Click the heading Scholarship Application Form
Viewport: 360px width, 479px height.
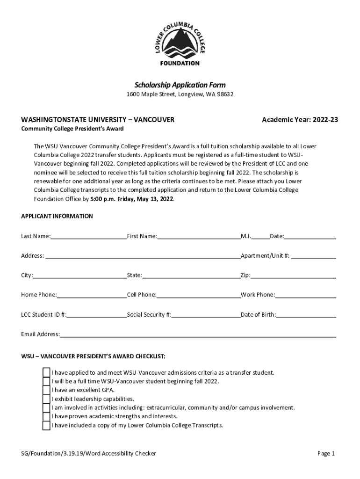180,85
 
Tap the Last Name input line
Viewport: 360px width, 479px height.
88,236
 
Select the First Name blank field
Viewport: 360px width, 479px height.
199,236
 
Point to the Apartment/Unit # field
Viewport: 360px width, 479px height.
313,256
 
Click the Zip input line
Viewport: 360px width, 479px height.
293,276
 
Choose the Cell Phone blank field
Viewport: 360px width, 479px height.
198,295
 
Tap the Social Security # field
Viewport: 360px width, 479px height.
206,315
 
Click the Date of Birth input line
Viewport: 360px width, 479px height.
306,315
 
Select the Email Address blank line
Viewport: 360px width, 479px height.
198,334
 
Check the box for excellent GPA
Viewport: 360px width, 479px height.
46,390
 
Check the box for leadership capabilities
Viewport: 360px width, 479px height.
46,399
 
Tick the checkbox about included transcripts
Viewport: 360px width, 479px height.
46,426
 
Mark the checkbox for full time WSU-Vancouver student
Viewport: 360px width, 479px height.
46,381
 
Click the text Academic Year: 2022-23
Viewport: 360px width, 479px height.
300,120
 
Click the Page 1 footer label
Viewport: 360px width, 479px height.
326,453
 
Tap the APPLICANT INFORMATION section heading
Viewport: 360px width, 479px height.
57,216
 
